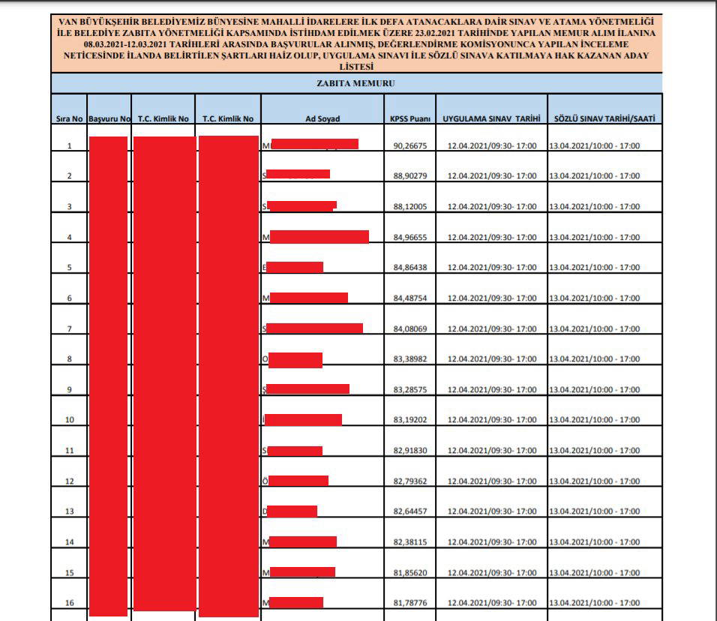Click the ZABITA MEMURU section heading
point(356,83)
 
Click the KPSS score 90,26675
point(409,145)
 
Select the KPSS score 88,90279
point(409,176)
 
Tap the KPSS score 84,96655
point(409,238)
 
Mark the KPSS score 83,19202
point(409,420)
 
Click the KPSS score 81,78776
point(409,603)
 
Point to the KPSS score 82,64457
point(409,511)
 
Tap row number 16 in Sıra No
point(69,603)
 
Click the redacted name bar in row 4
point(319,237)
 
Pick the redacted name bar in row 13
point(292,511)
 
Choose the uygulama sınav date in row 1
point(492,145)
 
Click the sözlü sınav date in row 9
point(595,390)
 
